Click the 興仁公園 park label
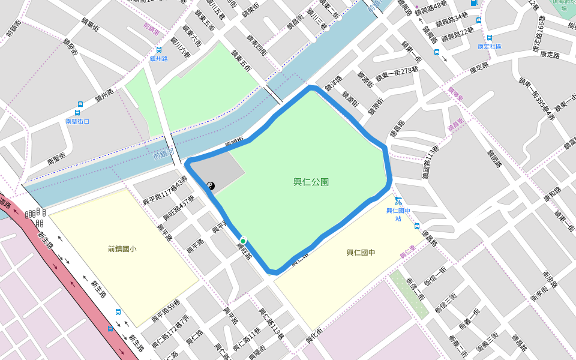311,182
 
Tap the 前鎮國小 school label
122,248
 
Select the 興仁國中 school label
361,253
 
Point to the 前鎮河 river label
163,155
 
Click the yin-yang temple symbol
211,186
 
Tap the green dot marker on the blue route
243,241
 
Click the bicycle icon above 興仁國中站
398,201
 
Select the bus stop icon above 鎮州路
159,50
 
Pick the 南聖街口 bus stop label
77,121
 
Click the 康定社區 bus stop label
489,46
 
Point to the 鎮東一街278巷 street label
397,74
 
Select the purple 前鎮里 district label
151,26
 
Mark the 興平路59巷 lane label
166,311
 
